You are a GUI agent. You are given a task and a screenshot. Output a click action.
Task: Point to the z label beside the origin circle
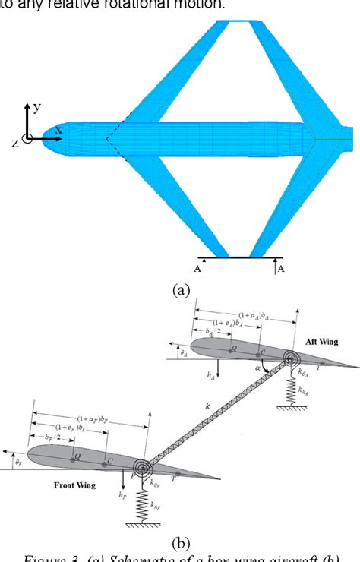coord(15,142)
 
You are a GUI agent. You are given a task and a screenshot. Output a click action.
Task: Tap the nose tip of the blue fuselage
coord(44,135)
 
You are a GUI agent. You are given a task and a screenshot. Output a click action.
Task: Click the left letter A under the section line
coord(198,269)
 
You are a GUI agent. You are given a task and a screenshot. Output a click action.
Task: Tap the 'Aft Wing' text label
coord(321,342)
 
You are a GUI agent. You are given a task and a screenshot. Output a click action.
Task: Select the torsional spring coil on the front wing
coord(141,467)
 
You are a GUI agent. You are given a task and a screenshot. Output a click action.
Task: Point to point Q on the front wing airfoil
coord(74,460)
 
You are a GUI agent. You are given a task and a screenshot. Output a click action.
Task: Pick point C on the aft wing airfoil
coord(261,353)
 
